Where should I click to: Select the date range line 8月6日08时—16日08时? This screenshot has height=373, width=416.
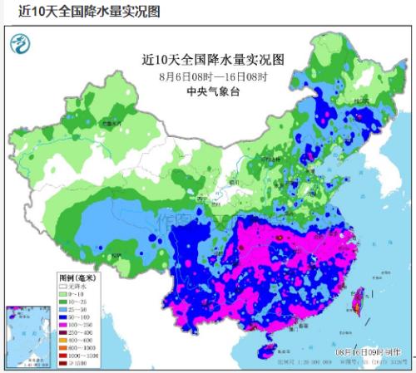coord(213,76)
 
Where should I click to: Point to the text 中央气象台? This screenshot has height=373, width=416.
coord(213,91)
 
